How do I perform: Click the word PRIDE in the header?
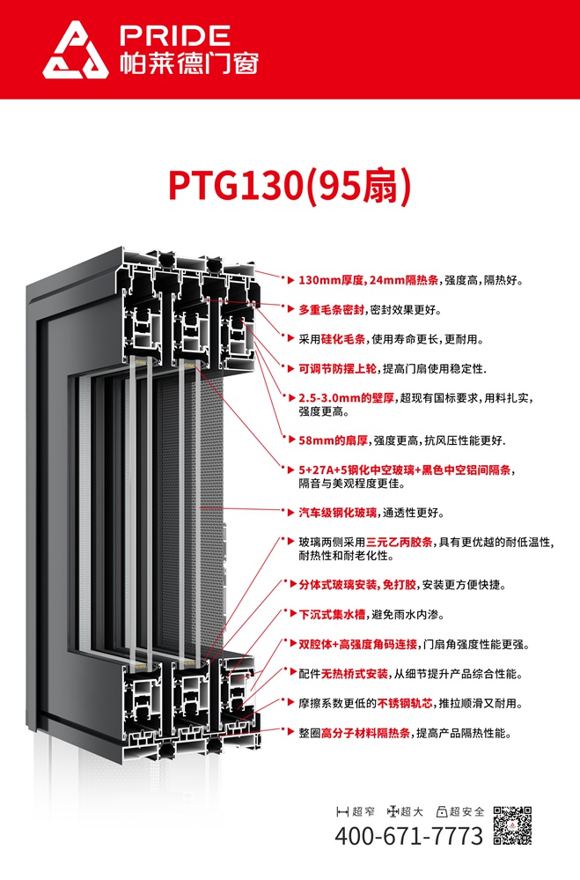[175, 36]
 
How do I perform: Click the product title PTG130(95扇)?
[290, 186]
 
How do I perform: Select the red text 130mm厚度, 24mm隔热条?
[369, 280]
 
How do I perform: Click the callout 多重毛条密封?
[332, 310]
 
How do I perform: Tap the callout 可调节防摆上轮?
[337, 369]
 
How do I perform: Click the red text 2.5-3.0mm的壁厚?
[346, 398]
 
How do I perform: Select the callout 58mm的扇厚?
[334, 440]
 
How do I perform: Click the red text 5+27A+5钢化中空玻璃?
[356, 470]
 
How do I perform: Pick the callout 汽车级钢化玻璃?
[337, 513]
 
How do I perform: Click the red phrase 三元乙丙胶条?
[400, 542]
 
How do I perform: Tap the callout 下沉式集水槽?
[332, 615]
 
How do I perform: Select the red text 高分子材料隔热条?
[366, 733]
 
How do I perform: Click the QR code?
[512, 825]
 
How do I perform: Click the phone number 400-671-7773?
[409, 836]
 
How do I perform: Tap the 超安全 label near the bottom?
[461, 811]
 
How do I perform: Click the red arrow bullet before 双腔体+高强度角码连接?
[291, 644]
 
